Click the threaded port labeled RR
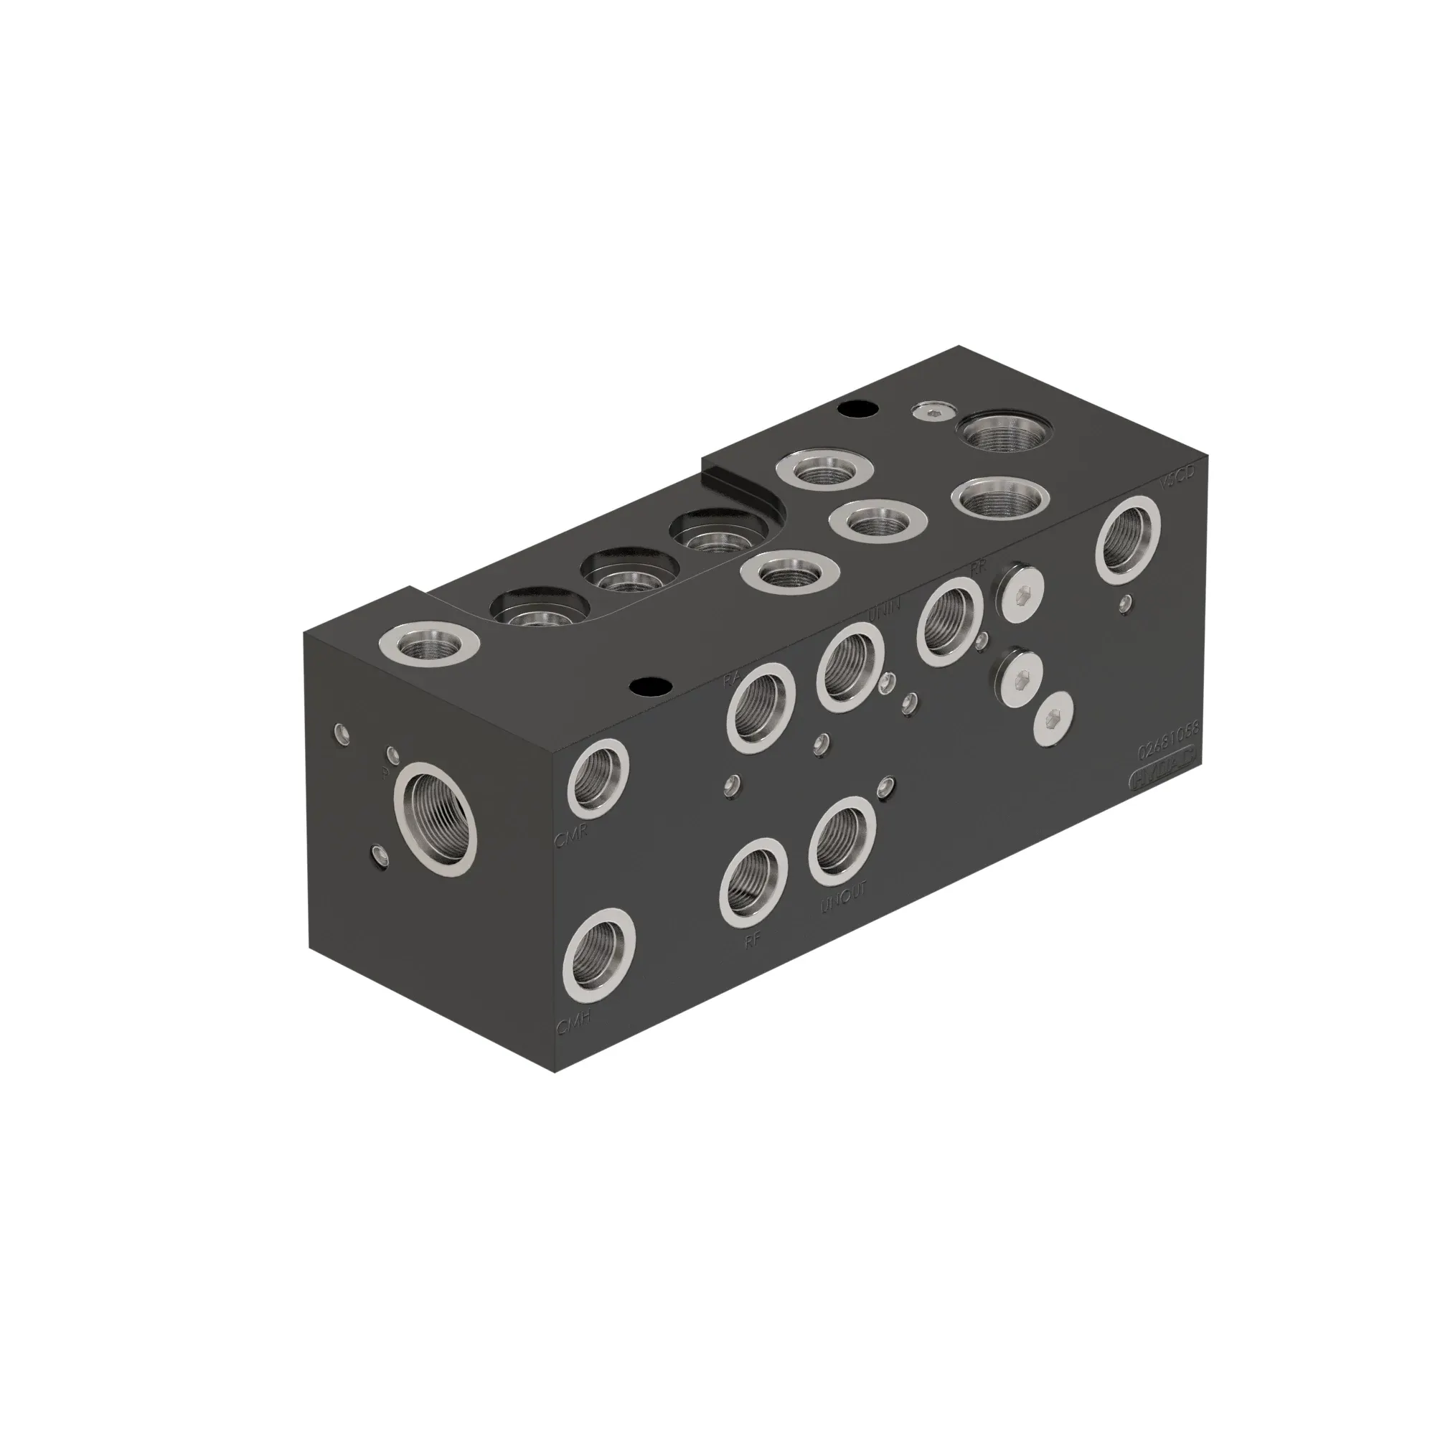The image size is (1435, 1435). click(x=951, y=621)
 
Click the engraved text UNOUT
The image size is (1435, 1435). click(x=843, y=900)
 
